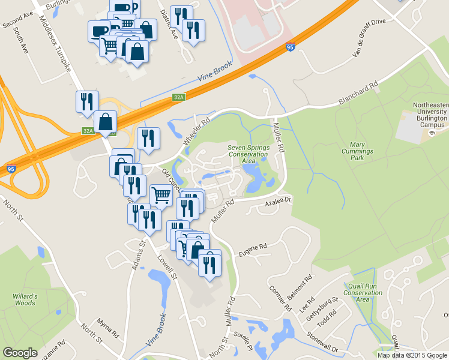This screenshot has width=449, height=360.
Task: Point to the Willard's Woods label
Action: point(25,299)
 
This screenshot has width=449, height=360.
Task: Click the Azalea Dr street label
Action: point(278,204)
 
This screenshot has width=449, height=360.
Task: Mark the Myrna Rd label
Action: point(108,328)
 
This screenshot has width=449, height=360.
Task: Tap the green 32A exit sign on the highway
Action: point(178,97)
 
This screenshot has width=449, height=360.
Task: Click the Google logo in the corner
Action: point(20,352)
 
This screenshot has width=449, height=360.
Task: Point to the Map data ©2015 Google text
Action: point(412,355)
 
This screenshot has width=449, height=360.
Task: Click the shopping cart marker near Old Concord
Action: point(161,194)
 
